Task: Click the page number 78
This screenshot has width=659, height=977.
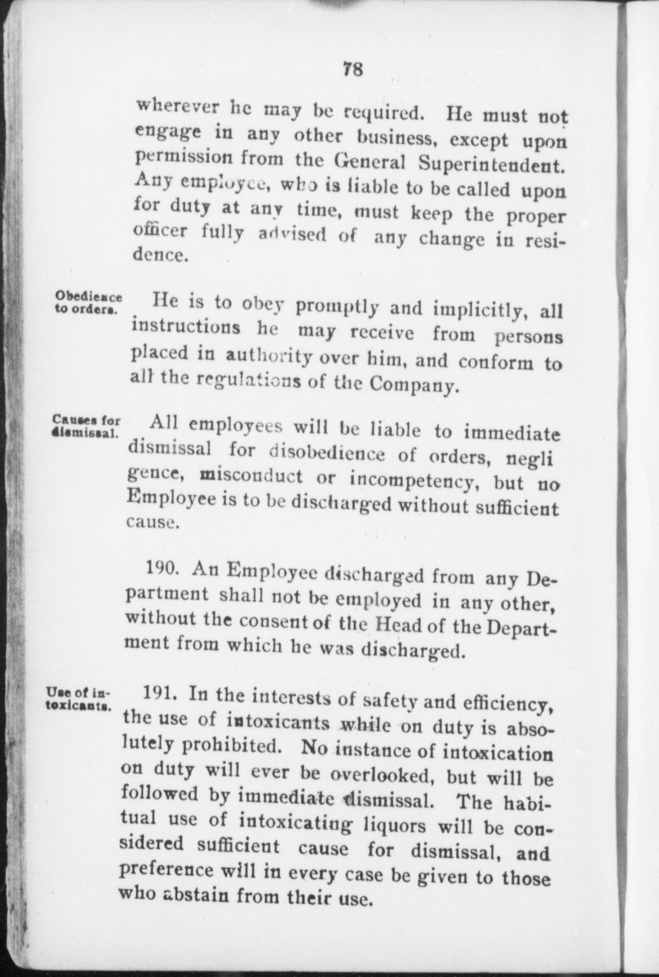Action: [353, 69]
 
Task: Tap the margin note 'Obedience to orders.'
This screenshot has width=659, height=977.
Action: [88, 303]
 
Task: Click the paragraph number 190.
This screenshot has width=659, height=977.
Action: [161, 568]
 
